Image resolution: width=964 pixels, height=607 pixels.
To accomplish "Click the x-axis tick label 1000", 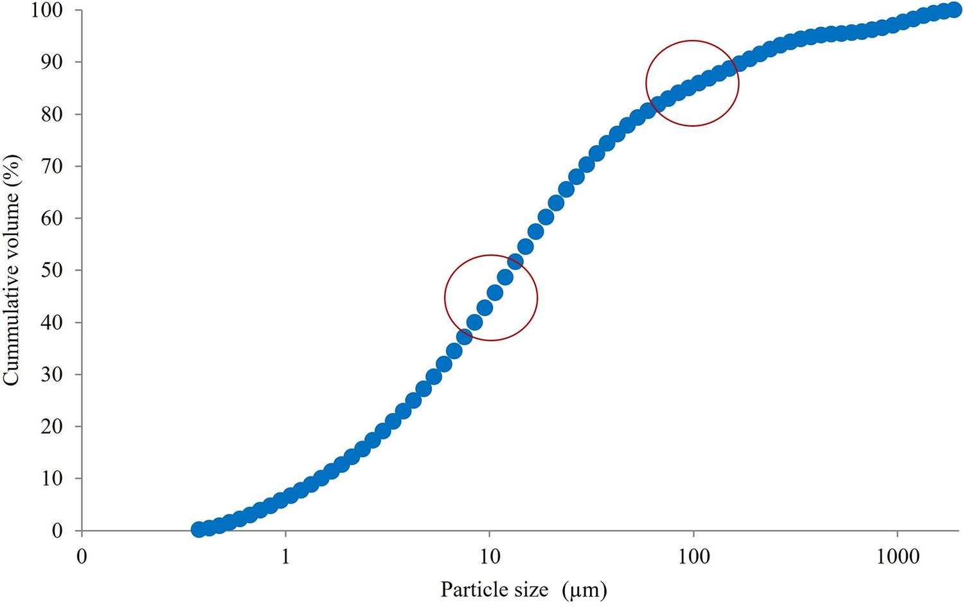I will pyautogui.click(x=898, y=557).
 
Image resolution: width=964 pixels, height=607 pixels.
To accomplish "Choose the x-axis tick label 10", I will pyautogui.click(x=490, y=557).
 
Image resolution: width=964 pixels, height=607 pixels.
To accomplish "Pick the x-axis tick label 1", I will pyautogui.click(x=286, y=557).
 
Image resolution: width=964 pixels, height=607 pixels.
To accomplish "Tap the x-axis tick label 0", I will pyautogui.click(x=82, y=557).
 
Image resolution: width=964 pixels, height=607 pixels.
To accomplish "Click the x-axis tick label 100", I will pyautogui.click(x=693, y=557).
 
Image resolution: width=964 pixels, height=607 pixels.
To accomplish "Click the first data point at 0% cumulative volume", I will pyautogui.click(x=199, y=529).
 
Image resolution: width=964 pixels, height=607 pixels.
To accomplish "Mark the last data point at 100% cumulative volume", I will pyautogui.click(x=954, y=10).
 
